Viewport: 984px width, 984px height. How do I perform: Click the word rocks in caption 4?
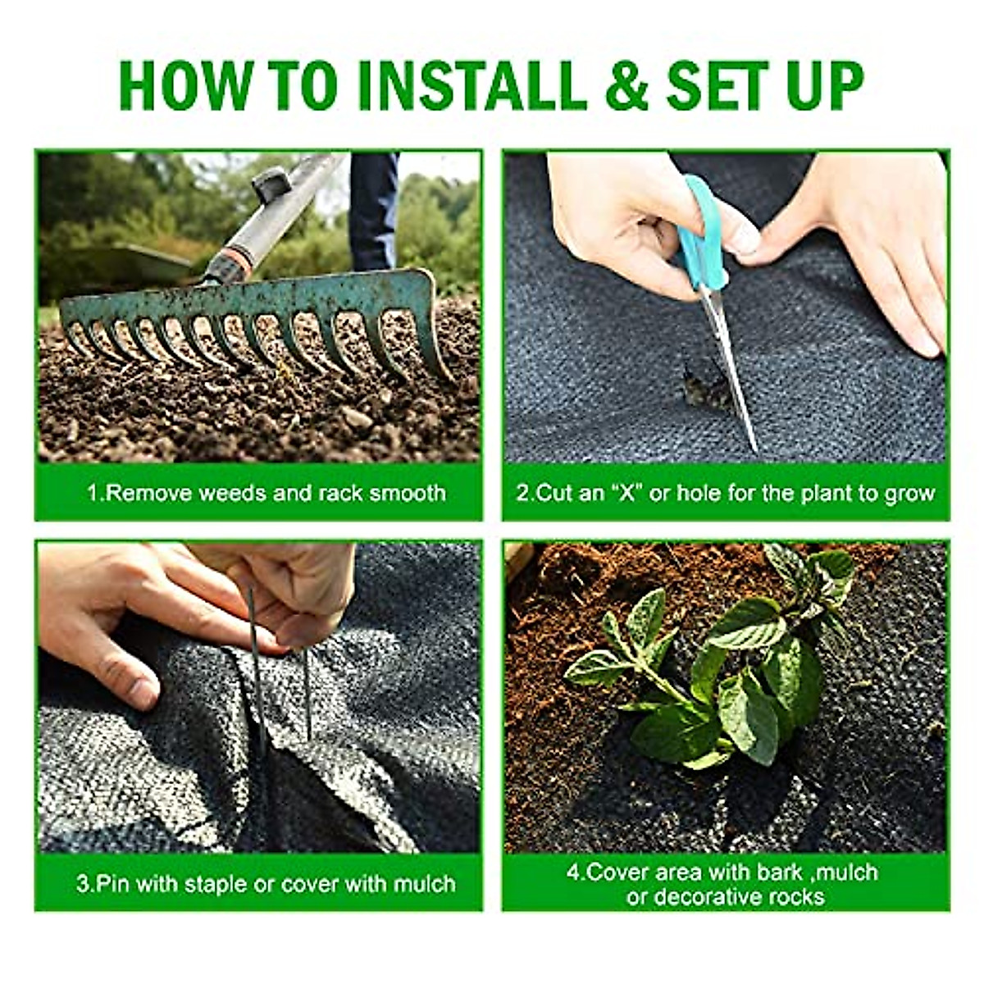coord(795,896)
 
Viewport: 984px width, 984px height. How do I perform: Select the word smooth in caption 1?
coord(408,493)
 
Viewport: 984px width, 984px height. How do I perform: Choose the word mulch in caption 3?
coord(423,884)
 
